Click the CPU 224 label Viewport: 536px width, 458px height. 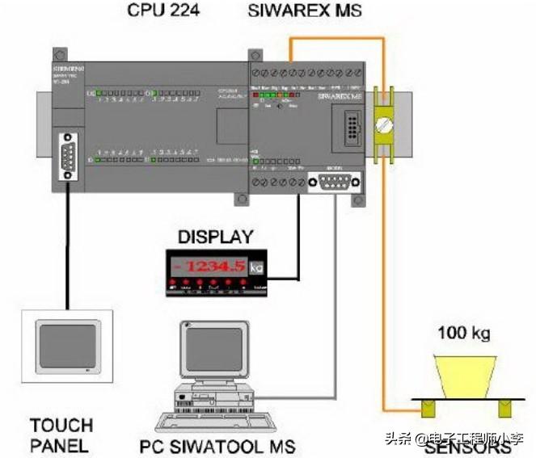(165, 11)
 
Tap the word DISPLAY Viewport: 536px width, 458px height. (215, 237)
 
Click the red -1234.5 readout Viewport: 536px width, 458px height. (212, 266)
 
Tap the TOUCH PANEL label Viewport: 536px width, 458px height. (61, 434)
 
